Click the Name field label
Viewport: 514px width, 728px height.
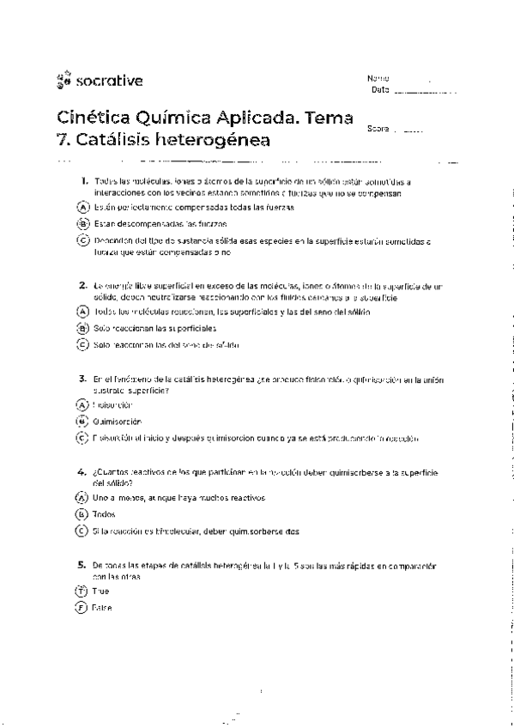pyautogui.click(x=378, y=78)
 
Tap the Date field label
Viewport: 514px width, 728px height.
pyautogui.click(x=380, y=89)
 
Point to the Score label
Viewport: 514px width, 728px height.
pyautogui.click(x=378, y=130)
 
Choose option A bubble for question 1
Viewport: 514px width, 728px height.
pyautogui.click(x=82, y=208)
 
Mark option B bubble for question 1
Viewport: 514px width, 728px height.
pyautogui.click(x=82, y=224)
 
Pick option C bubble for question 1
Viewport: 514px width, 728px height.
pyautogui.click(x=82, y=241)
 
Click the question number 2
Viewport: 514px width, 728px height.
pyautogui.click(x=82, y=284)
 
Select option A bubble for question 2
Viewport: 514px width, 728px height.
pyautogui.click(x=82, y=312)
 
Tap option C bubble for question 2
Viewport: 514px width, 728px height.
pyautogui.click(x=82, y=344)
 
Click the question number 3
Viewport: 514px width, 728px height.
pyautogui.click(x=82, y=378)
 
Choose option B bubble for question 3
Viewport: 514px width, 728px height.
pyautogui.click(x=82, y=422)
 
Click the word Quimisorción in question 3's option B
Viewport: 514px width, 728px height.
pyautogui.click(x=118, y=422)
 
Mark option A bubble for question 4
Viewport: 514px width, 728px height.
pyautogui.click(x=82, y=498)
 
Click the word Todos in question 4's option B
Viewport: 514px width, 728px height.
pyautogui.click(x=104, y=514)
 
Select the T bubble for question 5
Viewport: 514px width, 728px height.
pyautogui.click(x=82, y=591)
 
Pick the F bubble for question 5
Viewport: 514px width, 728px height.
pyautogui.click(x=82, y=608)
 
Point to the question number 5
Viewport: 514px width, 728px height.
pyautogui.click(x=82, y=565)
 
